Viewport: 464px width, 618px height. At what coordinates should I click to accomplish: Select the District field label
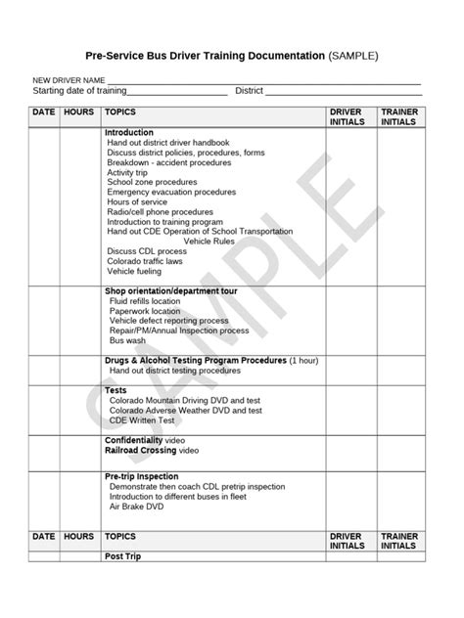coord(249,91)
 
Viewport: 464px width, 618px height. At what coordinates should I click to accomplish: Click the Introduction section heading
coord(129,132)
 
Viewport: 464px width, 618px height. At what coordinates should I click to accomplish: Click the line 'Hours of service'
coord(137,201)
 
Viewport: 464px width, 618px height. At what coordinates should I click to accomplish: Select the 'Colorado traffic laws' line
coord(145,261)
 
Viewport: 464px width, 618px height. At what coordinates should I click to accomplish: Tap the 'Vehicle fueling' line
coord(135,271)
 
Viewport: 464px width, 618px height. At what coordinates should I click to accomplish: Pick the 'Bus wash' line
coord(128,341)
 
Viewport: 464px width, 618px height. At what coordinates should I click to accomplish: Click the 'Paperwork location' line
coord(145,311)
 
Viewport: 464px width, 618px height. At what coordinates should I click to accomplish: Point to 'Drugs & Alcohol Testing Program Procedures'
coord(196,361)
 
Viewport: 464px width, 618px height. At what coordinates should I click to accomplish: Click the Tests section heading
coord(116,390)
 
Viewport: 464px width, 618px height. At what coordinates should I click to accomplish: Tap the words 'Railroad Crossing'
coord(141,451)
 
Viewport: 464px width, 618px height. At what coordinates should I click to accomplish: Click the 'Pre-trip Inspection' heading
coord(143,475)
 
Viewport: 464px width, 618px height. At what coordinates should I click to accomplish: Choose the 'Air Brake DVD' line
coord(138,506)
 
